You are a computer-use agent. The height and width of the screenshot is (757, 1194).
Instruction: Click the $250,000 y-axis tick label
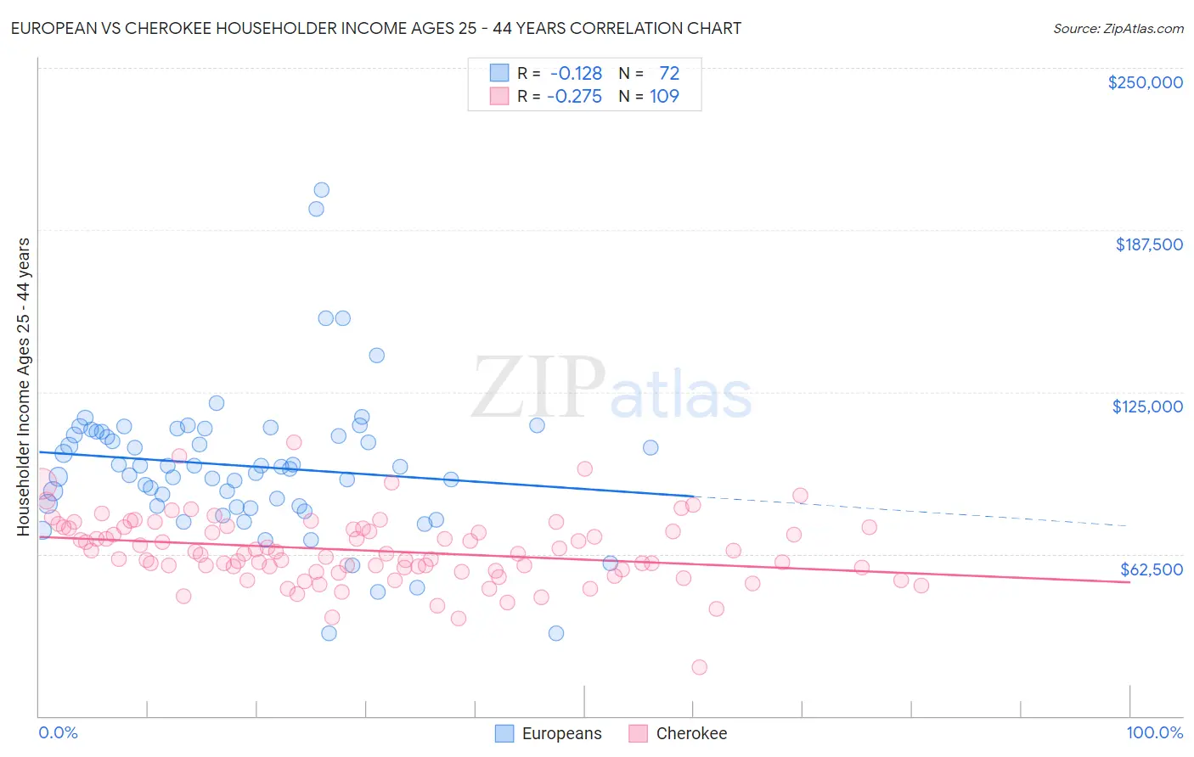[1145, 82]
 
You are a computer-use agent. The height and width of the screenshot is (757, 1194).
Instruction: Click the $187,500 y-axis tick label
[1149, 244]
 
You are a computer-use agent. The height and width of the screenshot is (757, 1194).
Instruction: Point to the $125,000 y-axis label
[1147, 407]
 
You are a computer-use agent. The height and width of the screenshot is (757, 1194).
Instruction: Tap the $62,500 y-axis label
[1152, 569]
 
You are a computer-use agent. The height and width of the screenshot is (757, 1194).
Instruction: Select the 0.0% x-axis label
[58, 732]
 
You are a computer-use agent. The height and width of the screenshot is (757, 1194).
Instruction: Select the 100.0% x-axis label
[1154, 732]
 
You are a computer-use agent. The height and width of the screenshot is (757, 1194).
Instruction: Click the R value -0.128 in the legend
[577, 73]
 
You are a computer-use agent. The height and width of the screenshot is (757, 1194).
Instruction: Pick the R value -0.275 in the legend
[575, 96]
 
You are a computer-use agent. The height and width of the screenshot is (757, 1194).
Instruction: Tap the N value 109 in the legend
[664, 96]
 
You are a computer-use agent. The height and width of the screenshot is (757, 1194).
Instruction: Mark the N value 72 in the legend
[669, 73]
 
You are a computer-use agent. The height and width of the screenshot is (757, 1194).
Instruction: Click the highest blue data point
[321, 190]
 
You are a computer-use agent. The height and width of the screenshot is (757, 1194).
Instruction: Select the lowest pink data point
[700, 667]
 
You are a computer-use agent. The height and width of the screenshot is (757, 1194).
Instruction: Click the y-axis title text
[24, 386]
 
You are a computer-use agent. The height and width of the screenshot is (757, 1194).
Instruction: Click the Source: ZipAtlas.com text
[1118, 28]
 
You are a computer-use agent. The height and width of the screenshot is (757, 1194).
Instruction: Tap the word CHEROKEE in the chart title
[164, 28]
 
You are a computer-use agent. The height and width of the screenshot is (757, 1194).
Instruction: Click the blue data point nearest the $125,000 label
[651, 447]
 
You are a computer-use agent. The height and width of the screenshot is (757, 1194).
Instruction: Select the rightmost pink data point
[921, 586]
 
